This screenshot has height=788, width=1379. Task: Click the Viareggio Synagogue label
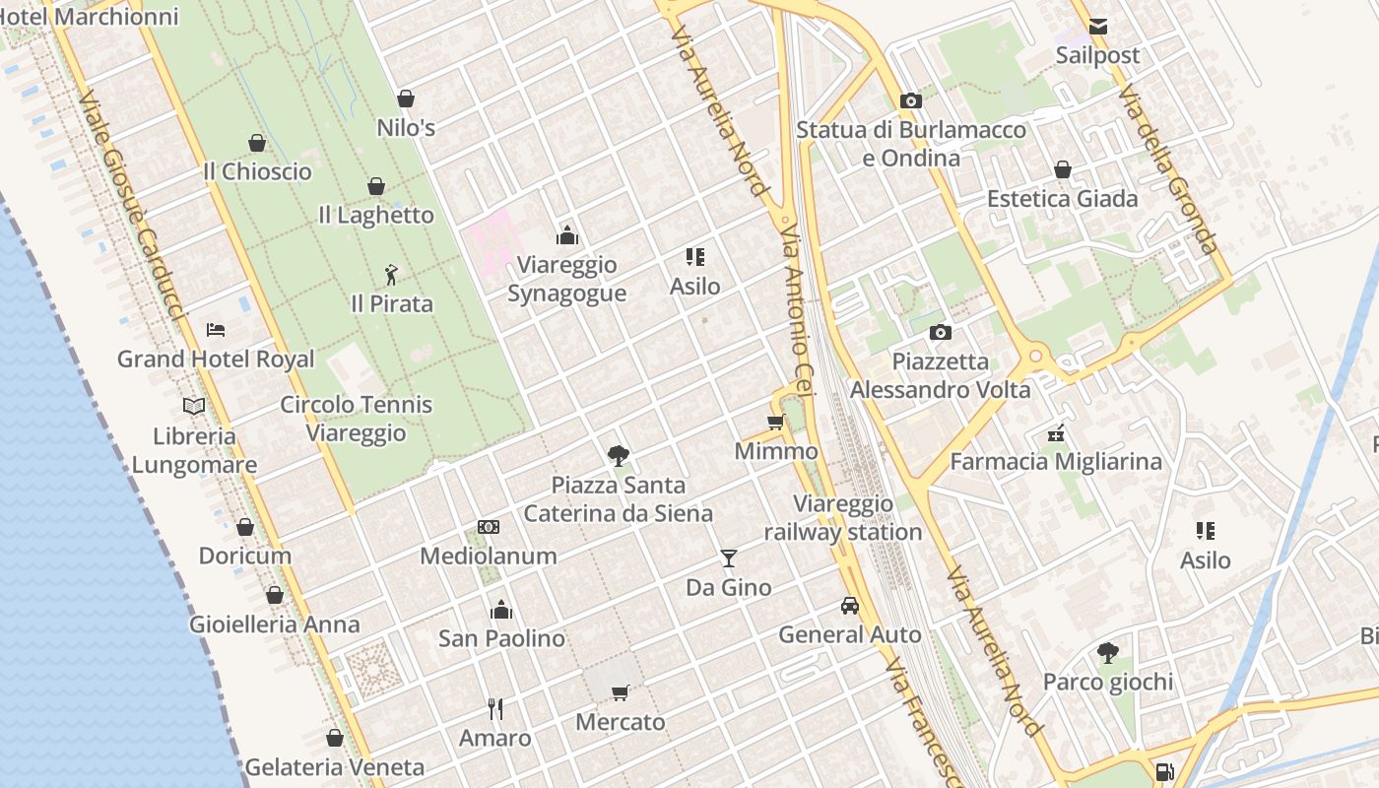click(566, 279)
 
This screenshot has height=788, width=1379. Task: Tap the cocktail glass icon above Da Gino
click(728, 558)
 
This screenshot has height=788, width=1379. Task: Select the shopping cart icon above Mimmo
click(775, 423)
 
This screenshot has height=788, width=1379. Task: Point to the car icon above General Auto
click(849, 605)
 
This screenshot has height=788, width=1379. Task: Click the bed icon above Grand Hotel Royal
click(216, 330)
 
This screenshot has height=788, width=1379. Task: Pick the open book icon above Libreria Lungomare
click(194, 406)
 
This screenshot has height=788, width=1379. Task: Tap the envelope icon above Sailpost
click(1097, 27)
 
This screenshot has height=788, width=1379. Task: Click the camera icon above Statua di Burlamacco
click(911, 100)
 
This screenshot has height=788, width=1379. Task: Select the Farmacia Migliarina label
click(1055, 461)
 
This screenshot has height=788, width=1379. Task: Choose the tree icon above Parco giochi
click(1107, 652)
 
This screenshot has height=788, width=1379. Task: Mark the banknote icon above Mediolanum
click(489, 527)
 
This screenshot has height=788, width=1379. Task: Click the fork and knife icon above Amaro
click(495, 708)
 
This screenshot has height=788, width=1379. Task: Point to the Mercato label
click(621, 722)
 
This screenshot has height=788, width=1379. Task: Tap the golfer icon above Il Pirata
click(391, 274)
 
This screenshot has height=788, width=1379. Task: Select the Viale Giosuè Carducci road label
click(131, 207)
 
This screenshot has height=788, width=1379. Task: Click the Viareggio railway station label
click(843, 518)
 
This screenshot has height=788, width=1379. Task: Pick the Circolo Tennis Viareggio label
click(356, 419)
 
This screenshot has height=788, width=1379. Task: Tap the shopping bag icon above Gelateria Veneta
click(334, 738)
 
